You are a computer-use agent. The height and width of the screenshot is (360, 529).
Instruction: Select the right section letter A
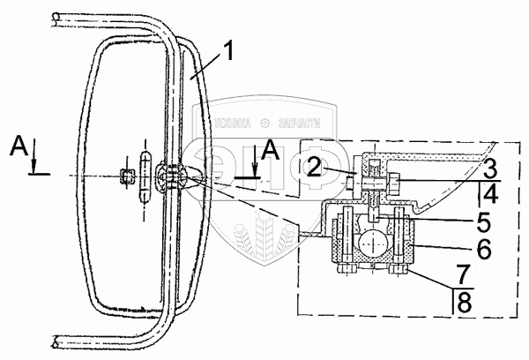(272, 150)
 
